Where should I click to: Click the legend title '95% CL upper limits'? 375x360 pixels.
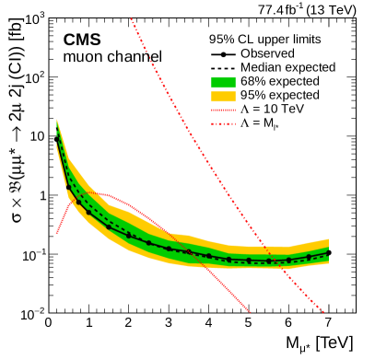pyautogui.click(x=264, y=39)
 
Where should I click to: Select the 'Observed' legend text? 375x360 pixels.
pyautogui.click(x=268, y=53)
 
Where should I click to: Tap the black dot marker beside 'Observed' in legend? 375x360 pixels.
pyautogui.click(x=224, y=53)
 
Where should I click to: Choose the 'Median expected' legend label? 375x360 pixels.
pyautogui.click(x=287, y=67)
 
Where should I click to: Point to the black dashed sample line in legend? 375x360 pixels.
pyautogui.click(x=224, y=67)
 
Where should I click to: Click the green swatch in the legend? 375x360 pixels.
pyautogui.click(x=224, y=81)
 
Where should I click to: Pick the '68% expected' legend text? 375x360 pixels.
pyautogui.click(x=280, y=81)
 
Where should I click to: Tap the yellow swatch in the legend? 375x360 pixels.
pyautogui.click(x=224, y=95)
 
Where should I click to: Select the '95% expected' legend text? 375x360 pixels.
pyautogui.click(x=280, y=95)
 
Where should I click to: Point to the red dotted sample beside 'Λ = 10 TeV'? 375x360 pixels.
pyautogui.click(x=224, y=109)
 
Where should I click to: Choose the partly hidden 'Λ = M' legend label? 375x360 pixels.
pyautogui.click(x=266, y=122)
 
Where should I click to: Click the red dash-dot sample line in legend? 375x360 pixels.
pyautogui.click(x=224, y=122)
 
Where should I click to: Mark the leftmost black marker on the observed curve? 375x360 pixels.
pyautogui.click(x=67, y=187)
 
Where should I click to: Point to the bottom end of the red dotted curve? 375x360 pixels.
pyautogui.click(x=251, y=313)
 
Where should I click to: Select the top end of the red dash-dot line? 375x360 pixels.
pyautogui.click(x=131, y=17)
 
